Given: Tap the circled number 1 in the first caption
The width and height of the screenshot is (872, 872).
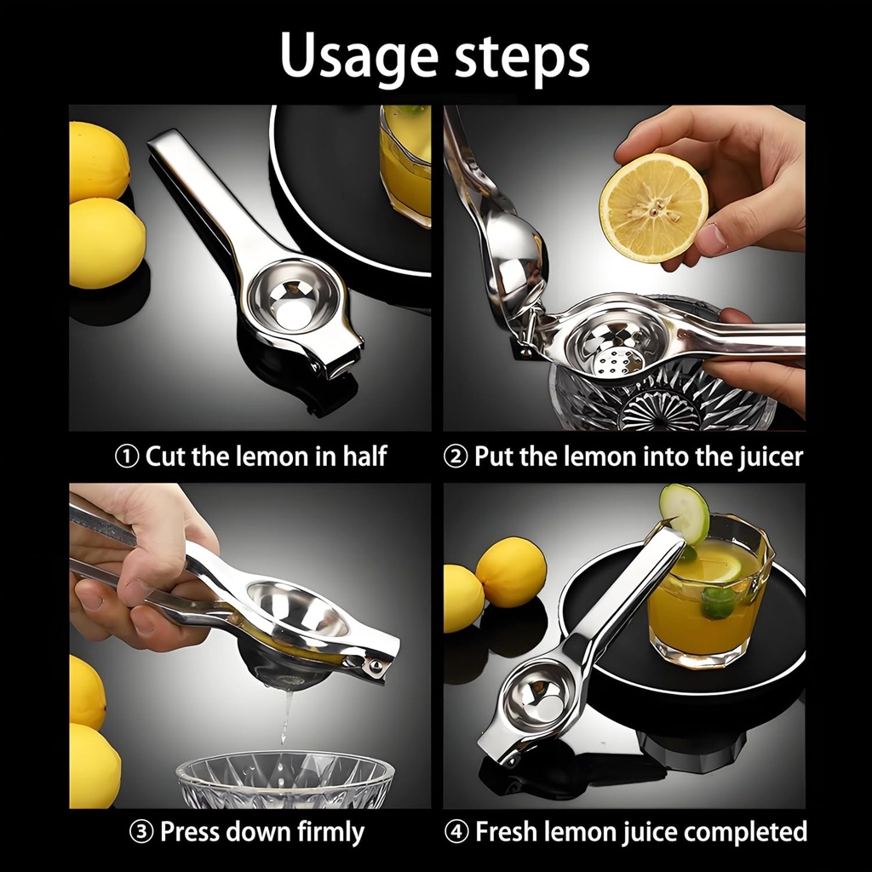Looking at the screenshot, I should (x=127, y=456).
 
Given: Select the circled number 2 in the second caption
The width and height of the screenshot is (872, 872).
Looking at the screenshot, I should (x=456, y=456).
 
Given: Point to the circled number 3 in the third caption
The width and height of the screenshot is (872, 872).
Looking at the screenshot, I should (x=142, y=832).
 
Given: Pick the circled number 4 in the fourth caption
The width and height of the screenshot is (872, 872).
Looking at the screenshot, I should (x=457, y=832).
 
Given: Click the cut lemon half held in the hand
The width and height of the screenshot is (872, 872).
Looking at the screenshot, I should (x=653, y=208).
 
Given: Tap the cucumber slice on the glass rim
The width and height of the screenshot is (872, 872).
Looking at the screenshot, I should (x=684, y=513).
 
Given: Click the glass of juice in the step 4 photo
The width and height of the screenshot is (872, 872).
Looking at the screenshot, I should (x=707, y=596).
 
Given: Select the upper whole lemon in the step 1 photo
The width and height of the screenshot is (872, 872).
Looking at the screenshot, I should (x=98, y=161).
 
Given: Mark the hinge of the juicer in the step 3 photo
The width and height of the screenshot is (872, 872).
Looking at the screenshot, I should (x=372, y=663).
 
